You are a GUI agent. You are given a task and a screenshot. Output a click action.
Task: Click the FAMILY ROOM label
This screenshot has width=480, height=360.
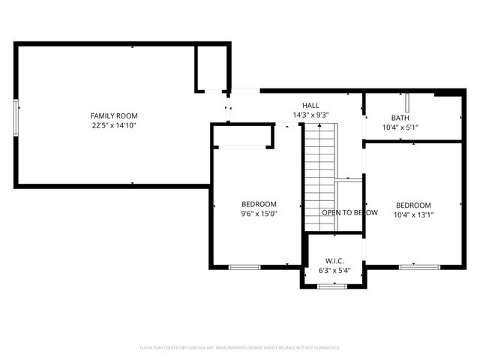[x=114, y=115]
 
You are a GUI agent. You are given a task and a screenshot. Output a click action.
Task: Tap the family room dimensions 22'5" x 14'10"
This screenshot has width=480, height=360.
[x=114, y=126]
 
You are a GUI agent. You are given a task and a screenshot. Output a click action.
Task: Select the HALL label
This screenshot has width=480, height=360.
[x=310, y=105]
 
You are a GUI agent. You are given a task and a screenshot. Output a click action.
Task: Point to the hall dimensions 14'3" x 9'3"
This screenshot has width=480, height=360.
[x=310, y=115]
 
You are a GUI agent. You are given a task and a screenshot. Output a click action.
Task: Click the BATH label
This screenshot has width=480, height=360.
[x=400, y=118]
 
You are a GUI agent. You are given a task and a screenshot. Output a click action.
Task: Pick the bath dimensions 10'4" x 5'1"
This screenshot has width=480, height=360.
[x=400, y=127]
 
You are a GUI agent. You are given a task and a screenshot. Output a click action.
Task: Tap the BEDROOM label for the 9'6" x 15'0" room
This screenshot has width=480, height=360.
[x=259, y=204]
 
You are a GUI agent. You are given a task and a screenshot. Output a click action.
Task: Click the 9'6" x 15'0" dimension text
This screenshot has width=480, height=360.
[x=259, y=214]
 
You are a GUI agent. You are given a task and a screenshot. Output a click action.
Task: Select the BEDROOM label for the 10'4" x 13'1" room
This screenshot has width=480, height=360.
[x=413, y=205]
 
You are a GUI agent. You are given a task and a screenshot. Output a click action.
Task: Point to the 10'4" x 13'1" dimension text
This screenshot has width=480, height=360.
[x=413, y=215]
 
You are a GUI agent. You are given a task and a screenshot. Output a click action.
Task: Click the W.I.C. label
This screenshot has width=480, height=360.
[x=334, y=260]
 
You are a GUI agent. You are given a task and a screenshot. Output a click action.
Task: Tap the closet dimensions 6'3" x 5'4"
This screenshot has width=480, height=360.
[x=334, y=270]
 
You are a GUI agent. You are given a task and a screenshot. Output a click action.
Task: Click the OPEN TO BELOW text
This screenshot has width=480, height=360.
[x=349, y=212]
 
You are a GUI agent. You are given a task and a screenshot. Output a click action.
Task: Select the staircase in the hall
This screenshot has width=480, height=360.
[x=319, y=176]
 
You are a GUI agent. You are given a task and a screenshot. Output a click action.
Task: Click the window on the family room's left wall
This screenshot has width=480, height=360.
[x=14, y=118]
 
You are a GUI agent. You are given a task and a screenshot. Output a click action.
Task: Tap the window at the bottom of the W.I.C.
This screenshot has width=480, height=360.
[x=328, y=286]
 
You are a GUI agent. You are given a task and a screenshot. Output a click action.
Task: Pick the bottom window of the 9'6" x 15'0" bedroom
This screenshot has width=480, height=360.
[x=244, y=266]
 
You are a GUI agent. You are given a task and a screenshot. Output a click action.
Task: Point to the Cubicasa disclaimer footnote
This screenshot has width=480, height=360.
[x=240, y=348]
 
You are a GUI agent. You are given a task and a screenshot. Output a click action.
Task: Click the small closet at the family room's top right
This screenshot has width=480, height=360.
[x=211, y=67]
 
